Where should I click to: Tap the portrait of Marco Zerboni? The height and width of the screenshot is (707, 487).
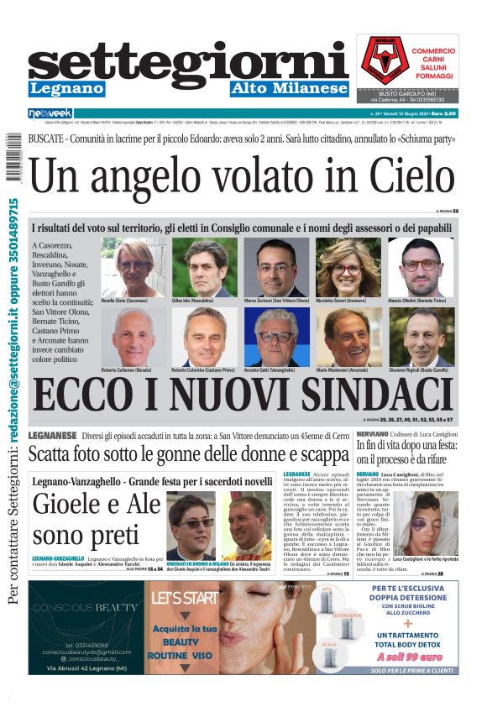[x=277, y=266]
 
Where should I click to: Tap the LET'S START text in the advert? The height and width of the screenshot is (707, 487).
[x=182, y=598]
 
